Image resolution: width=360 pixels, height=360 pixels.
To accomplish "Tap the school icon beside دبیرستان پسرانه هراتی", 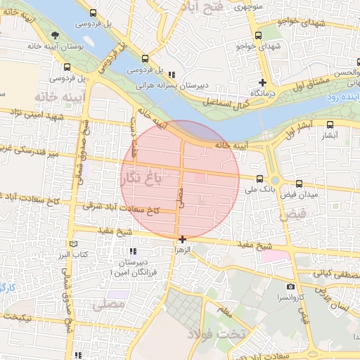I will (x=172, y=74).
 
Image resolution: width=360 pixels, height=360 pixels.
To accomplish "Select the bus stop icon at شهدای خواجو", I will (x=258, y=35).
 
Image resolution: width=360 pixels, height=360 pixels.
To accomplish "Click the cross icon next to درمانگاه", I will (x=262, y=82).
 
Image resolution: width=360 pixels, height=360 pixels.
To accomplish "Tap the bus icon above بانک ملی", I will (x=260, y=179).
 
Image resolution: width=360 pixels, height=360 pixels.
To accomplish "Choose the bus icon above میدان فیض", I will (x=300, y=184).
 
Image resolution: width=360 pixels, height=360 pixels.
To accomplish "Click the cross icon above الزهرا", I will (x=182, y=239).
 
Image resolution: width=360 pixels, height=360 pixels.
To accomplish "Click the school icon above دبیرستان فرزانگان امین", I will (x=131, y=251).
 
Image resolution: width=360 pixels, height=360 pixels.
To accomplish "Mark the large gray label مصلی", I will (x=109, y=304).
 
